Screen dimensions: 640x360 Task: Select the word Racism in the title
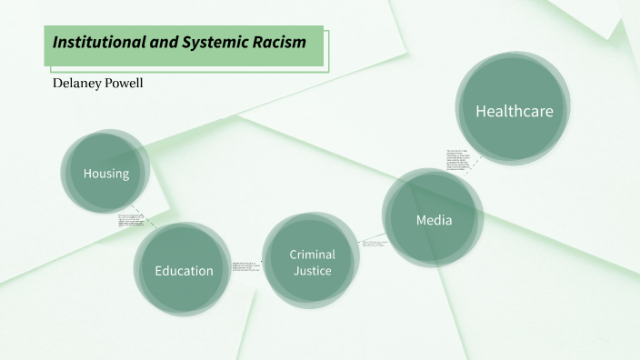tap(282, 42)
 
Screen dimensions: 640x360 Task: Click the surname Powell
tap(126, 84)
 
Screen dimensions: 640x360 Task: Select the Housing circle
tap(105, 174)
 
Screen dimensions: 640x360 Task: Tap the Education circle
tap(183, 270)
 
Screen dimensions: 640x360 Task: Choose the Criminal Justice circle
tap(312, 262)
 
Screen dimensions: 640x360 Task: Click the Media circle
tap(433, 219)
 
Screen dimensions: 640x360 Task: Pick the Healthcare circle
tap(514, 111)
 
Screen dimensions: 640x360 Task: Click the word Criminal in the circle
tap(312, 254)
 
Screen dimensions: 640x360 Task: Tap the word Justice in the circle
tap(312, 270)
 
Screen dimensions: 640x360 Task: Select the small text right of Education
tap(246, 265)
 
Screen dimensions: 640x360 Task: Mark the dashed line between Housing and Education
tap(151, 223)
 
